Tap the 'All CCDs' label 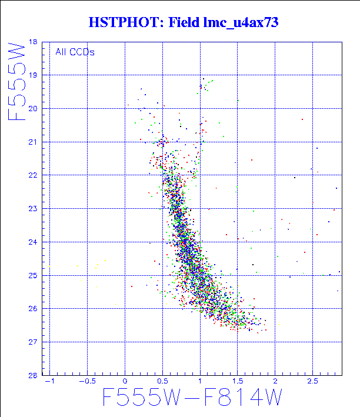click(75, 52)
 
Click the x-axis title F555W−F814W click(192, 399)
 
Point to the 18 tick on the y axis click(32, 42)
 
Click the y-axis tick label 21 click(32, 142)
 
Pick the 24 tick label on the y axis click(32, 242)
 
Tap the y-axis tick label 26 click(32, 308)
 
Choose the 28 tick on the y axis click(32, 375)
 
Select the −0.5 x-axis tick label click(86, 382)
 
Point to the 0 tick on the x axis click(125, 382)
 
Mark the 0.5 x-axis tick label click(162, 382)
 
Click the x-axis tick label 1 click(200, 382)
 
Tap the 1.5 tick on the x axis click(237, 382)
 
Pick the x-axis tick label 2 click(275, 382)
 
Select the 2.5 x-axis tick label click(312, 382)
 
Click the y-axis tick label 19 click(32, 75)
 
